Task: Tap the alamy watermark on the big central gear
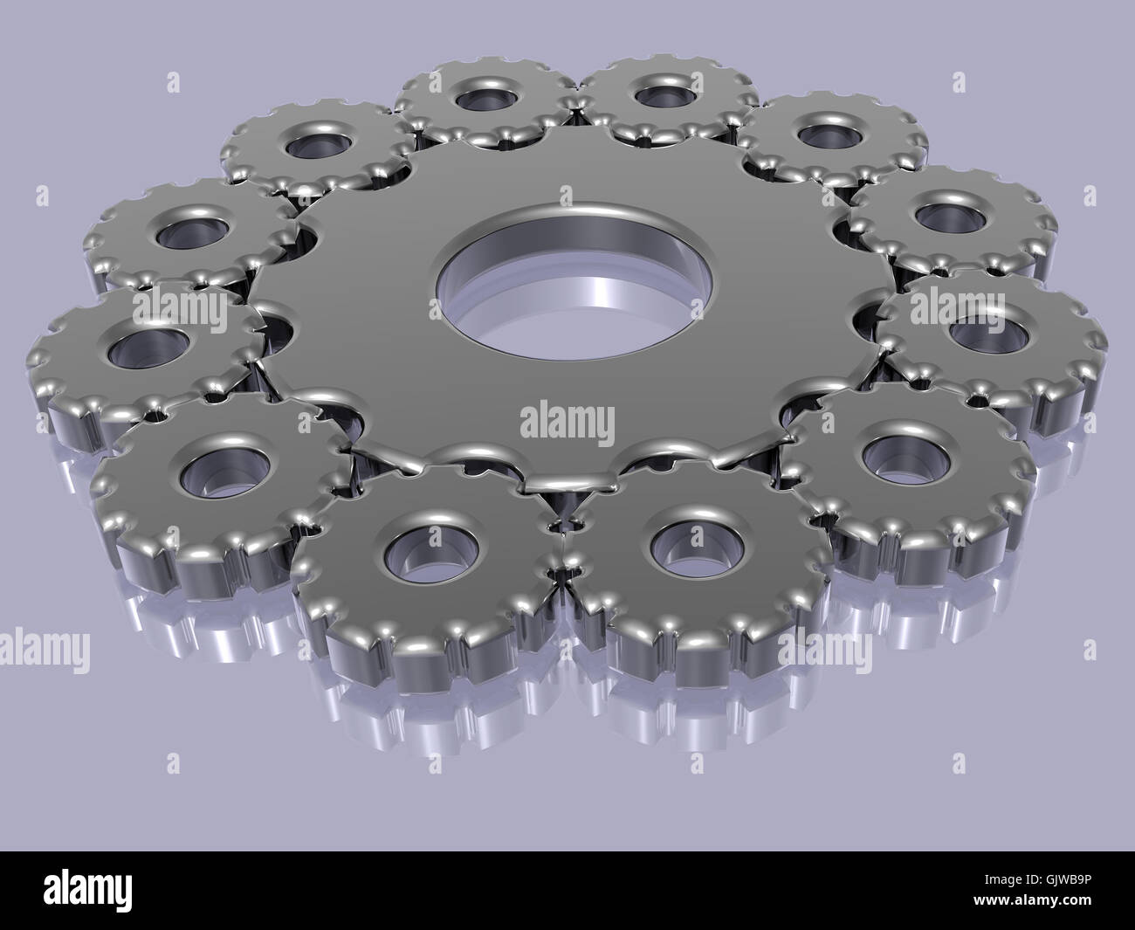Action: pyautogui.click(x=567, y=422)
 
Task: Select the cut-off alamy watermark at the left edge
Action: pyautogui.click(x=44, y=650)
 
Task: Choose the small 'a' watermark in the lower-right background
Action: pyautogui.click(x=1089, y=651)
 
